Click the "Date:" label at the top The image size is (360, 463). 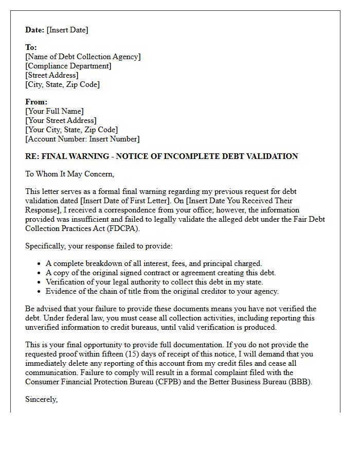point(35,30)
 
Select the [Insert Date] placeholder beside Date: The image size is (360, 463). point(67,30)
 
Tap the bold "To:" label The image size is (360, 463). point(31,47)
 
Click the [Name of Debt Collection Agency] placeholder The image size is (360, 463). point(83,57)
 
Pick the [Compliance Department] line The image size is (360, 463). point(68,66)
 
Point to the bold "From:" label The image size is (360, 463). point(36,102)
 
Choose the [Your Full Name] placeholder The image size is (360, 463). point(55,111)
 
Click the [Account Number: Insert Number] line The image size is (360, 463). point(82,139)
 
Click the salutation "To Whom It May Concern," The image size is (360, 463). point(70,174)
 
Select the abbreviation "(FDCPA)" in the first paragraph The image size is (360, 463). point(122,228)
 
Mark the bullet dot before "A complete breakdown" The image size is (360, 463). point(40,264)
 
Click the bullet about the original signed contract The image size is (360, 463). point(160,273)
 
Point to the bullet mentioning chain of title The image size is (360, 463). point(162,291)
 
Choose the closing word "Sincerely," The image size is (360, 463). point(41,399)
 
